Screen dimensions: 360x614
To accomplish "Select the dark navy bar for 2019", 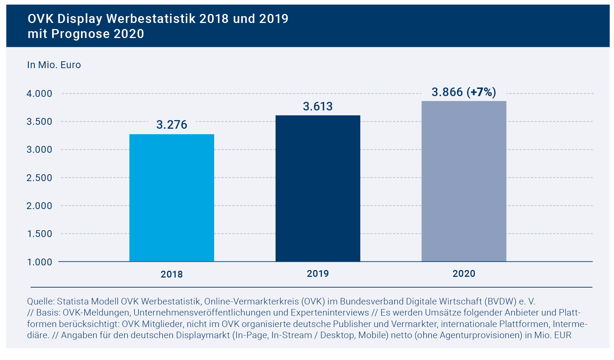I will coord(318,189).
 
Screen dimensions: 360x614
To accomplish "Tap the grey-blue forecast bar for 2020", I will coord(464,181).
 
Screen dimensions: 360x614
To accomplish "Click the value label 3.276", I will coord(172,125).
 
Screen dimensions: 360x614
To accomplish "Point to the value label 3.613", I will coord(318,106).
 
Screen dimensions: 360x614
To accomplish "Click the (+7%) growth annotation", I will coord(481,92).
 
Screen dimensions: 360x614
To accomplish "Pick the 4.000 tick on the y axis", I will coord(39,94).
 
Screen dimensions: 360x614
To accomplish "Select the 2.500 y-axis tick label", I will coord(39,178).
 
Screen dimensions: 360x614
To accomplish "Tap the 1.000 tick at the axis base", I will coord(39,262).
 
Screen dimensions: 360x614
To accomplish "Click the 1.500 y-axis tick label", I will coord(39,234).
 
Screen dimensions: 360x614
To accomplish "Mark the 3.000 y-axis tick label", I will coord(39,150).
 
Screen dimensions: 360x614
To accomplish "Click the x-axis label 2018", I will coord(172,274).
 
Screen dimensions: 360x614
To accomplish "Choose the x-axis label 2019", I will coord(318,274).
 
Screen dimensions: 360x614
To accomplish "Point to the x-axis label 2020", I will coord(464,274).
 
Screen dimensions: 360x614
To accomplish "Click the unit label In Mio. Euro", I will coord(54,65).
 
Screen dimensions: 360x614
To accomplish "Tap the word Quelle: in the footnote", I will coord(41,301).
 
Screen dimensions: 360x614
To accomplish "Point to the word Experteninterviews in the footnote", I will coord(330,313).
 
